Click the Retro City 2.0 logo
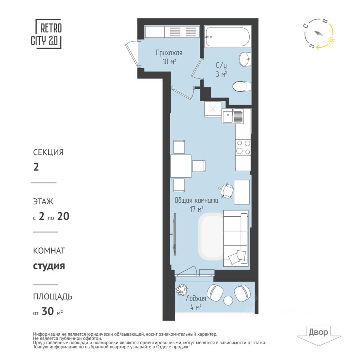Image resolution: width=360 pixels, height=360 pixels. click(x=46, y=34)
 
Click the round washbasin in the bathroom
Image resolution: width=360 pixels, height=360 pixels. click(x=245, y=59)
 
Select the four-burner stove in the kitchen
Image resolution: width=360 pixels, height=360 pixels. click(x=243, y=147)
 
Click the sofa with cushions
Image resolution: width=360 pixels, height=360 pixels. click(x=236, y=238)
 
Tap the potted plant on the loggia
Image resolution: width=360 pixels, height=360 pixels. click(x=181, y=290)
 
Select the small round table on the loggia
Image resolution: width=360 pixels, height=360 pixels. click(x=228, y=300)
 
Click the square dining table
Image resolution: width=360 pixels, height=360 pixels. click(x=181, y=166)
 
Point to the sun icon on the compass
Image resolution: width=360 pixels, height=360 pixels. click(x=331, y=40)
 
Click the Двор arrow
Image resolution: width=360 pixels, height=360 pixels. click(x=319, y=336)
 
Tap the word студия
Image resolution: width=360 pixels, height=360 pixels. click(x=49, y=266)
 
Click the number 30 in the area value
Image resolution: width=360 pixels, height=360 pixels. click(x=48, y=311)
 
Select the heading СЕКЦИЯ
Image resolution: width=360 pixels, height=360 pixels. click(x=48, y=152)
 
